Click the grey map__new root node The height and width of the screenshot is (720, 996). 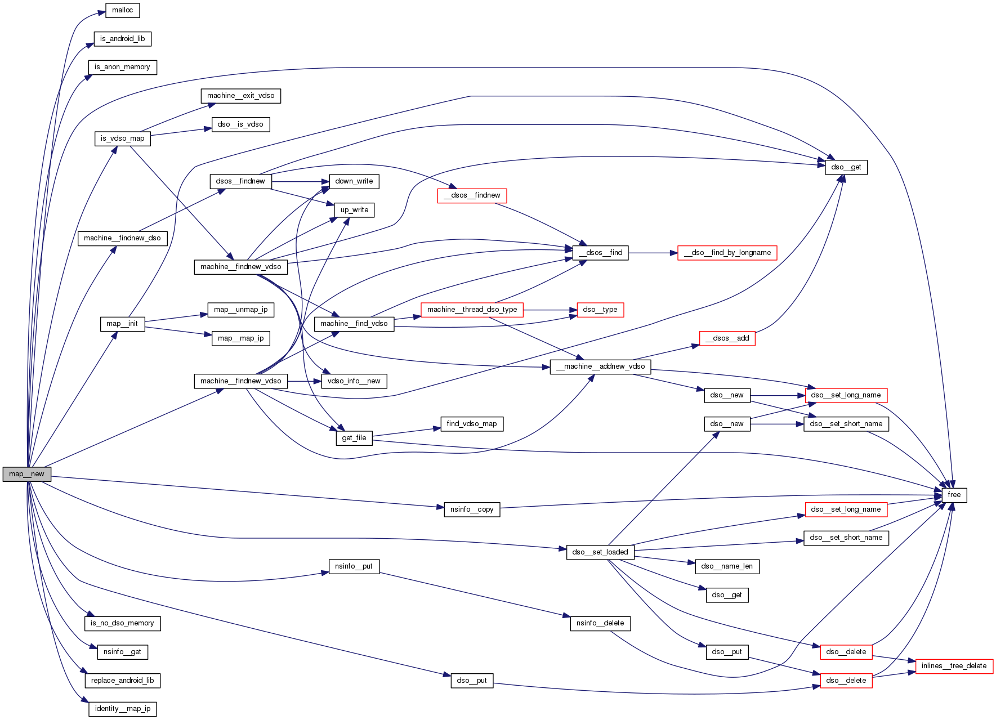click(26, 474)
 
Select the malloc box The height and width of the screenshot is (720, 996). click(122, 10)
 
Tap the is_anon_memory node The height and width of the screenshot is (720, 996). click(122, 67)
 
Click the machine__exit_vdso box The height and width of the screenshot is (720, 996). click(240, 96)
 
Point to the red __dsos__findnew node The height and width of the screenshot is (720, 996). click(472, 195)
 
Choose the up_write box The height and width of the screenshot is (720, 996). click(354, 210)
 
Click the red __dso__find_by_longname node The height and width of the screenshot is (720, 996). click(727, 253)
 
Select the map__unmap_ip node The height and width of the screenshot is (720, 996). click(240, 310)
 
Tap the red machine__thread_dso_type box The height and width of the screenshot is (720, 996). click(472, 310)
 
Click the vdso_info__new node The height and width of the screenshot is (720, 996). click(354, 381)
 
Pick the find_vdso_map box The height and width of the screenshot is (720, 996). click(471, 424)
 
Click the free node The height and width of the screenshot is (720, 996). click(954, 495)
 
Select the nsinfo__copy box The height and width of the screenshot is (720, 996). click(471, 509)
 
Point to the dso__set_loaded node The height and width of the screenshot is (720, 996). click(600, 552)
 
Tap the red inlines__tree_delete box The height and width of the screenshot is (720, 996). click(954, 666)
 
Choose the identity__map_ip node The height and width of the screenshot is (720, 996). click(122, 709)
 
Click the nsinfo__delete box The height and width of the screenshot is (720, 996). click(600, 623)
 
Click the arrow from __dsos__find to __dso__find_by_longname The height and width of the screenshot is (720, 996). click(653, 253)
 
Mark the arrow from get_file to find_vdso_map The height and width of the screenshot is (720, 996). click(406, 432)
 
